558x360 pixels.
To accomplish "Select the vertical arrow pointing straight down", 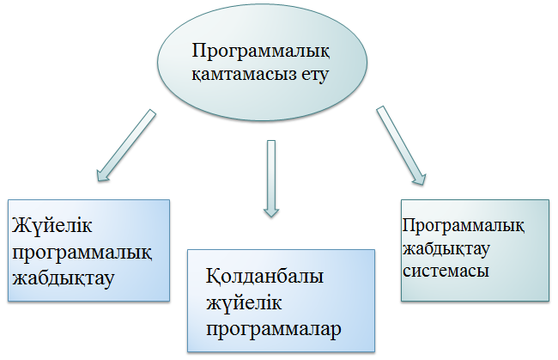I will click(271, 176).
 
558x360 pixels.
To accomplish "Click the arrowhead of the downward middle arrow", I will click(271, 208).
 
